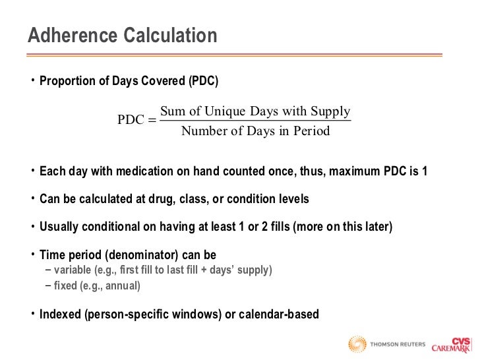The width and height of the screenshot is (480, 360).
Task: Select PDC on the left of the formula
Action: pyautogui.click(x=131, y=120)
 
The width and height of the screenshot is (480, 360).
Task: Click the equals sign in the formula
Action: pyautogui.click(x=152, y=120)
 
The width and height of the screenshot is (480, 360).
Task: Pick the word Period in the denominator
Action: pyautogui.click(x=312, y=131)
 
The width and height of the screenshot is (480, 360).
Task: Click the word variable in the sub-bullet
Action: pyautogui.click(x=74, y=270)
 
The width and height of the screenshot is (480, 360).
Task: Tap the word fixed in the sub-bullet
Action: pyautogui.click(x=65, y=285)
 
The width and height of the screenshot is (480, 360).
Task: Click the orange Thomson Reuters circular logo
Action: pyautogui.click(x=357, y=344)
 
